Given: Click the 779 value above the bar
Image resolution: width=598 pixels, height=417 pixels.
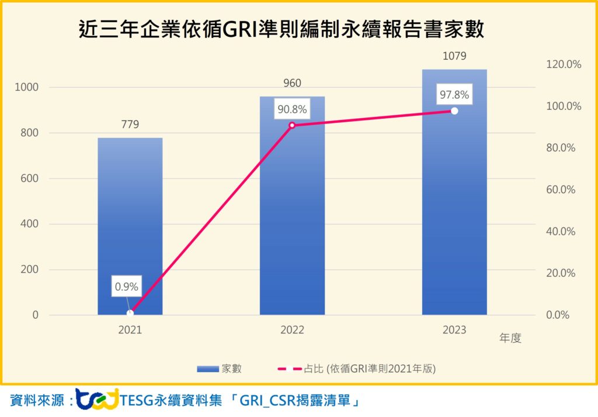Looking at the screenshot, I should point(130,125).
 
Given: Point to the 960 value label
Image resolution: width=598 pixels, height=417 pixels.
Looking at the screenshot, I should point(292,84).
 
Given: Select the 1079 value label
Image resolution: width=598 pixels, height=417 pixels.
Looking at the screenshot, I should point(454,57).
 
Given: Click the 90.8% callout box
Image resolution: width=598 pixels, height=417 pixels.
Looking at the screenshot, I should point(292,109).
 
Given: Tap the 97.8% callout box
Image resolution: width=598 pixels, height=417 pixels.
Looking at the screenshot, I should point(454,95).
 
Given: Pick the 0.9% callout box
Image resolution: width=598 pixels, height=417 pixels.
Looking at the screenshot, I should point(126,287).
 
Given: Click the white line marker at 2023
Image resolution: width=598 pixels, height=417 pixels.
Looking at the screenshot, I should point(454,111).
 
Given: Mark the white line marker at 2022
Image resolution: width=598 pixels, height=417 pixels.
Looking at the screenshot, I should point(292,125).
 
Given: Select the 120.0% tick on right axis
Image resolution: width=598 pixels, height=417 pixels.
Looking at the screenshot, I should point(563,65).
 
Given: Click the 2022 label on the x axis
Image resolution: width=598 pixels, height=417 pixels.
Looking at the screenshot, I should point(292,330).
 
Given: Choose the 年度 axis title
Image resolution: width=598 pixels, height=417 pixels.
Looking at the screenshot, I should point(510,338).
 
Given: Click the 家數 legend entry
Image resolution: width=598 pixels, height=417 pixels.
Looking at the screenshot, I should point(219,368).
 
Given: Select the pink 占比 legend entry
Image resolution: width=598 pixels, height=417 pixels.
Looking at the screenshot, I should point(356,368).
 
